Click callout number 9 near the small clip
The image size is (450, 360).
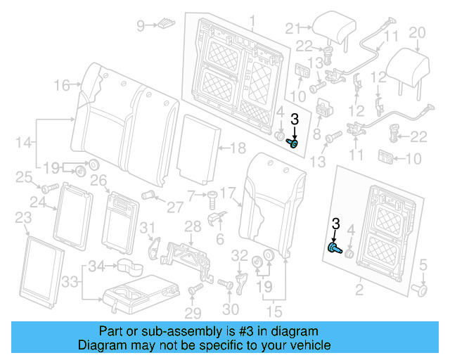click(x=140, y=26)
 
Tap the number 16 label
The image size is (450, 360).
click(x=61, y=85)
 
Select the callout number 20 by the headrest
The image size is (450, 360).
click(x=417, y=32)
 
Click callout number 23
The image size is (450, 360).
click(x=23, y=217)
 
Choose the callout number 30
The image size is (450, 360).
click(x=231, y=309)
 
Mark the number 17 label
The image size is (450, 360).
click(x=229, y=191)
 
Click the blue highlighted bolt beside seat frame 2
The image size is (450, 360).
click(x=335, y=247)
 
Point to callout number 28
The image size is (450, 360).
click(x=193, y=225)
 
